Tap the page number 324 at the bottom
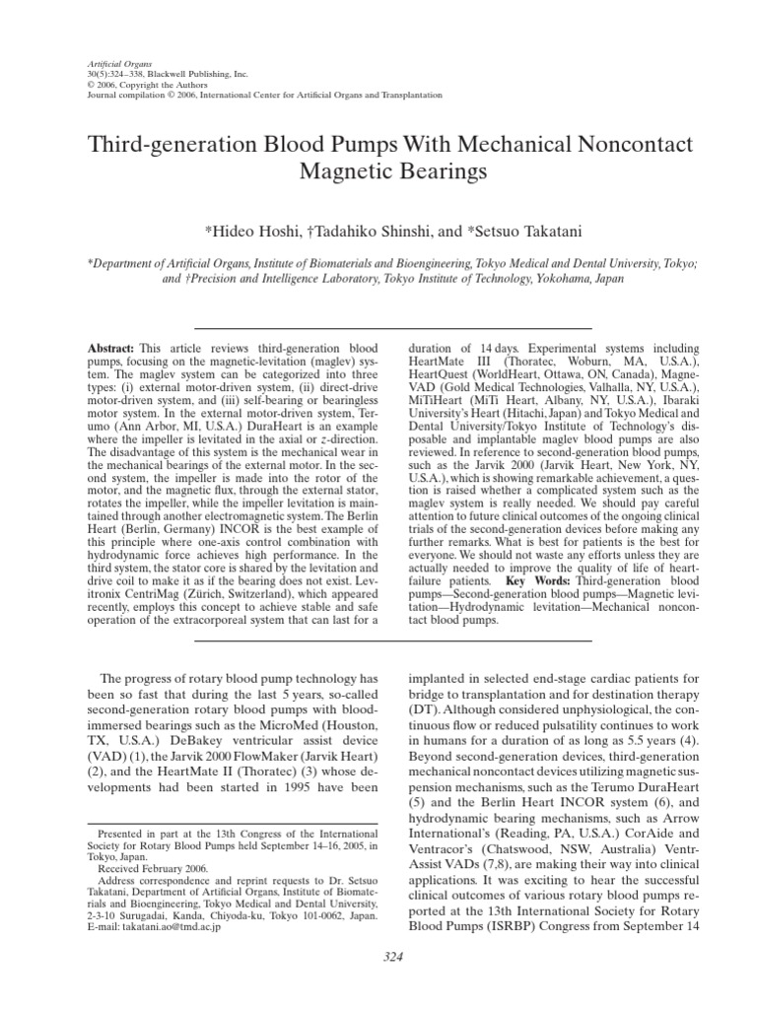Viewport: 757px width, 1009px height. click(x=378, y=982)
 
